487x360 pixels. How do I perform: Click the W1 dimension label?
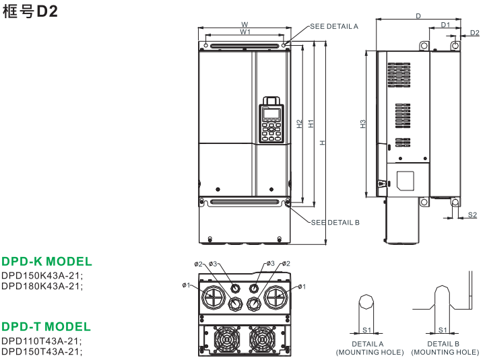click(245, 32)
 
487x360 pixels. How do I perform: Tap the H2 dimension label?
click(299, 124)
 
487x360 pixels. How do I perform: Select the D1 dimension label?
click(445, 24)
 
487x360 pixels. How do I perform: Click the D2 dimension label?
click(475, 33)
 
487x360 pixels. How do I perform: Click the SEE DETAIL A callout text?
click(334, 26)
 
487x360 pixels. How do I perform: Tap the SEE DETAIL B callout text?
click(335, 222)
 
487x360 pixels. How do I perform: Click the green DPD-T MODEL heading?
click(46, 326)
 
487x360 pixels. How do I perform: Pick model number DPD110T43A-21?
click(42, 340)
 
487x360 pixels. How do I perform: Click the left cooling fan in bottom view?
click(227, 339)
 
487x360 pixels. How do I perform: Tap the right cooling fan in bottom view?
click(263, 339)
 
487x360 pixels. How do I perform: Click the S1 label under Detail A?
click(368, 330)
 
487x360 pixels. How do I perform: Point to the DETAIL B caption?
click(444, 344)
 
